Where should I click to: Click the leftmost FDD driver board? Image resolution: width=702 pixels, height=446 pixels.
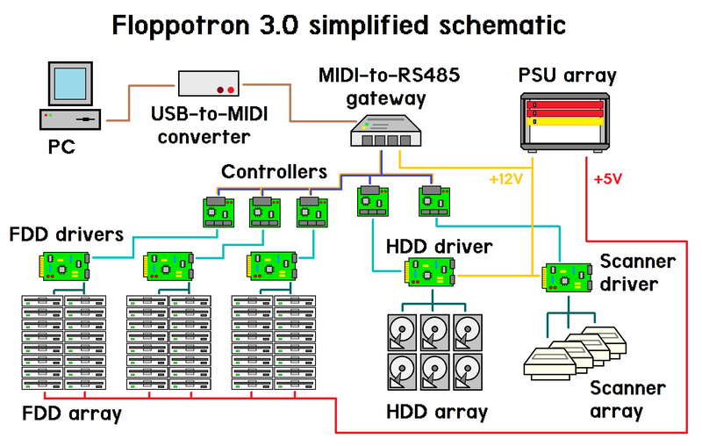pyautogui.click(x=65, y=264)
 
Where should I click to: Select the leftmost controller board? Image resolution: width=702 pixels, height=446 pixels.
pyautogui.click(x=220, y=212)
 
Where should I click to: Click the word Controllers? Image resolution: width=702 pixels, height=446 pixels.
pyautogui.click(x=274, y=170)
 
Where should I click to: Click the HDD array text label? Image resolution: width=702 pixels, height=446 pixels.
pyautogui.click(x=436, y=411)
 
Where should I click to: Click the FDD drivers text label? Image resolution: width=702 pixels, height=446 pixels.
pyautogui.click(x=67, y=234)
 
